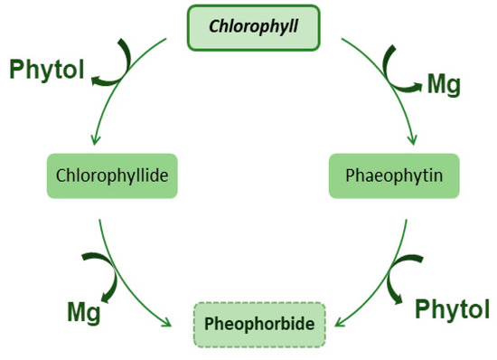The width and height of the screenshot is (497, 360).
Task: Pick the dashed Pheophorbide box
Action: point(259,323)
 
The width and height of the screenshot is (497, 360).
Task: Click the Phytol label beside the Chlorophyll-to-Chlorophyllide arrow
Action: point(47,71)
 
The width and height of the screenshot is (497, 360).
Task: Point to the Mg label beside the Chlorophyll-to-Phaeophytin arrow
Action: point(444,85)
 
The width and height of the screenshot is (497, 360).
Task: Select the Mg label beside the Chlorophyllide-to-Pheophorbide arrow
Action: point(83,313)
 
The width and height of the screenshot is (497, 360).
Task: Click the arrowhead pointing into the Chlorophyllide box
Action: point(92,143)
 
